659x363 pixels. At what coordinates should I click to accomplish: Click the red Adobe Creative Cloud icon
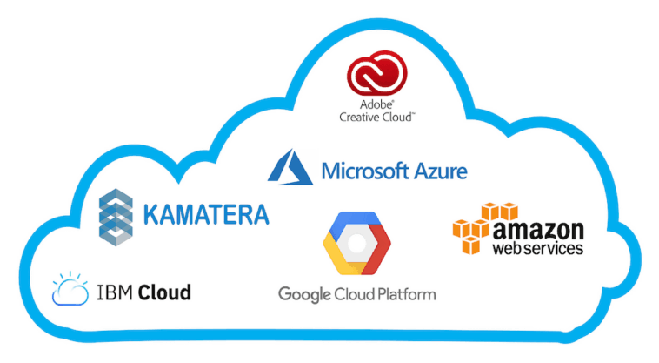(372, 75)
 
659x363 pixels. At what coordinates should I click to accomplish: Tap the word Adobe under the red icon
(372, 104)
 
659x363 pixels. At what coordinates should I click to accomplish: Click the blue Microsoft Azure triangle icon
(290, 166)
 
